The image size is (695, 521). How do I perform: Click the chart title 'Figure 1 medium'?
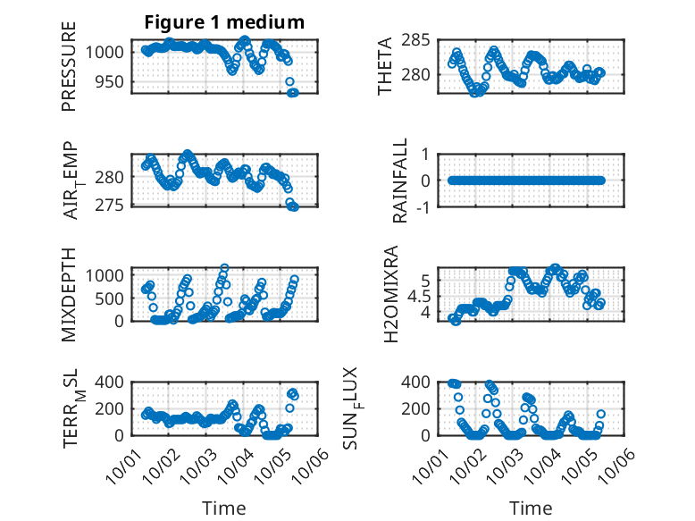point(224,21)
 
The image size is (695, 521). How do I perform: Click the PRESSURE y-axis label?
point(69,66)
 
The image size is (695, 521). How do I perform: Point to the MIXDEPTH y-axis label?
point(69,294)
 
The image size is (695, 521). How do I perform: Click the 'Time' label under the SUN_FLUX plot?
point(531,508)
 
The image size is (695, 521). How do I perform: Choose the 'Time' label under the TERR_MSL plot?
point(224,508)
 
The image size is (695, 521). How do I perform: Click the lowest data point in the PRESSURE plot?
point(292,93)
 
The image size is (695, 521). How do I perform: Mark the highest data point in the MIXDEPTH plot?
point(224,268)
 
